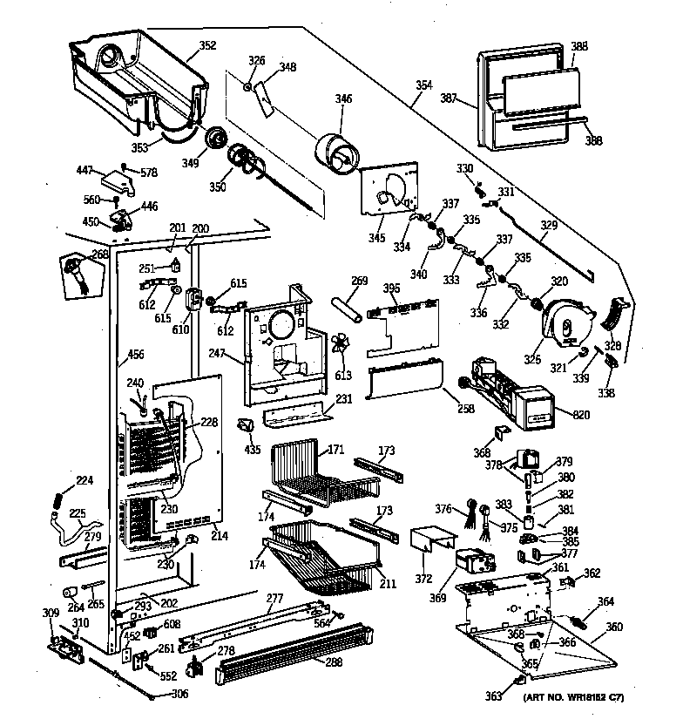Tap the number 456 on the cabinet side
(136, 354)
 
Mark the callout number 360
(614, 627)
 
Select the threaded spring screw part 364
(584, 621)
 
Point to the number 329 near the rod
(548, 226)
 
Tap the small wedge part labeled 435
(247, 424)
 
